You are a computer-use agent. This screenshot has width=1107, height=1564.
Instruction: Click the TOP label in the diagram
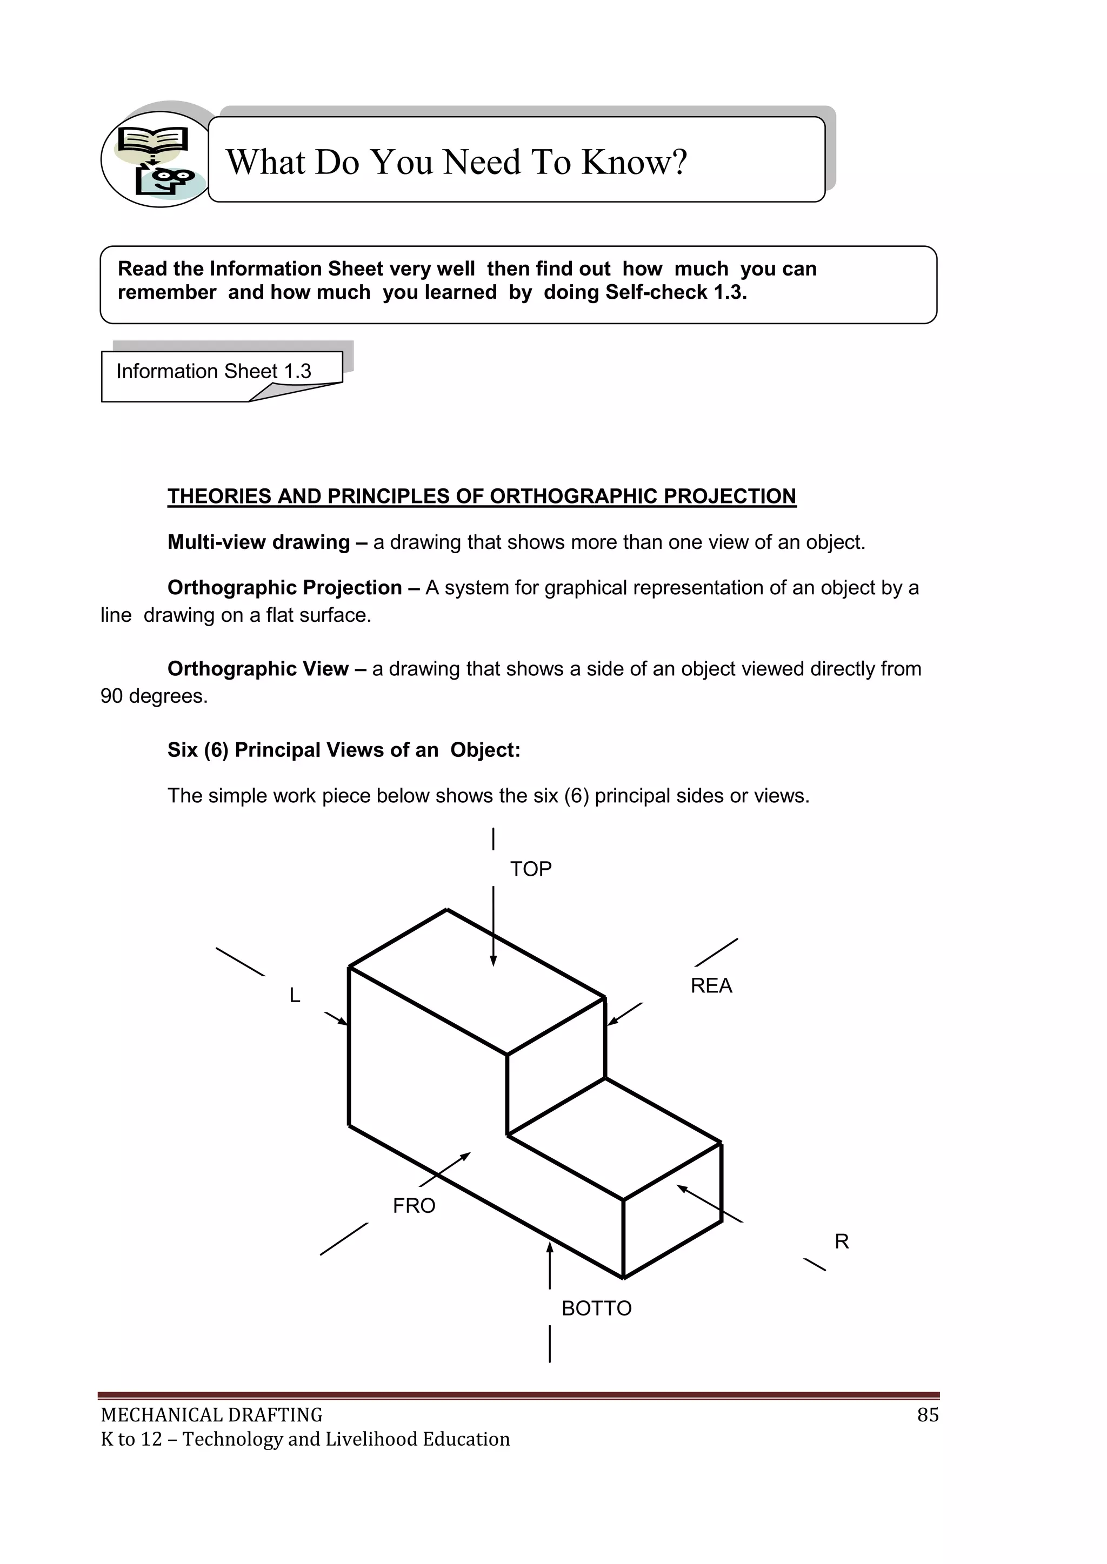pos(530,869)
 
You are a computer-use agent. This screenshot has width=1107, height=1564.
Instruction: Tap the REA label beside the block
pos(711,986)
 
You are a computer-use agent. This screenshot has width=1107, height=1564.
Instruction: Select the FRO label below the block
pos(414,1206)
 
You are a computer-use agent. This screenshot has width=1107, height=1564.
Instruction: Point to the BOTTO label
pos(596,1308)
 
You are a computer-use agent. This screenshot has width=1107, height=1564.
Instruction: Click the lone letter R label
pos(842,1242)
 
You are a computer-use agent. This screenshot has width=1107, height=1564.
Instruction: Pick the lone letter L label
pos(295,995)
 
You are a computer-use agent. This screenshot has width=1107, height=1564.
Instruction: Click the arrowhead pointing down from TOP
pos(494,961)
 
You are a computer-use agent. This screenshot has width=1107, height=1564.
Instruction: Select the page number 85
pos(928,1415)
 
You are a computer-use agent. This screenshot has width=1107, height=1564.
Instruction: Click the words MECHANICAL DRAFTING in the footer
pos(211,1415)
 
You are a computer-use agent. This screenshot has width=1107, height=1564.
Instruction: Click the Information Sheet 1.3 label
pos(214,371)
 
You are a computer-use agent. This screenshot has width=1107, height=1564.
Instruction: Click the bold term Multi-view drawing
pos(258,542)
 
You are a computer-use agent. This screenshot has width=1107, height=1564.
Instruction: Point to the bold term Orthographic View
pos(258,669)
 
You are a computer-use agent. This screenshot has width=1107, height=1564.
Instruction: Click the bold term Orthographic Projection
pos(284,588)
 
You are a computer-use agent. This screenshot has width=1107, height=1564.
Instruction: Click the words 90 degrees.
pos(154,696)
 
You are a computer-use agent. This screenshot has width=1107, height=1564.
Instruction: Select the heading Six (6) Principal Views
pos(303,750)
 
